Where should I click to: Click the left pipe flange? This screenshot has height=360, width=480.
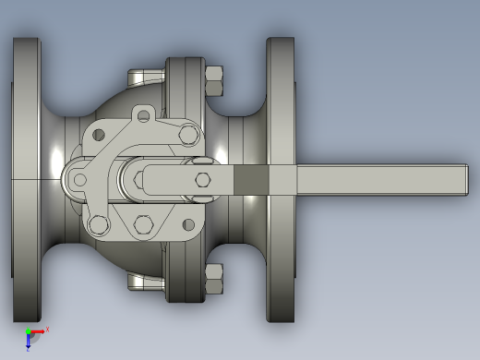pos(26,180)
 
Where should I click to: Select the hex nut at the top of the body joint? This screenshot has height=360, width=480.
pos(214,80)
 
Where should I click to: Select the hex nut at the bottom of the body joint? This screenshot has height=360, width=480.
pos(214,279)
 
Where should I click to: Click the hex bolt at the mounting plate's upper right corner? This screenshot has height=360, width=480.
pos(189,135)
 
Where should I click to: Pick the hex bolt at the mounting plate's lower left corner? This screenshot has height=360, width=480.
pos(98,223)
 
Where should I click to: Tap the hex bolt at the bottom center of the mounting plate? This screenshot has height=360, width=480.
pos(143,224)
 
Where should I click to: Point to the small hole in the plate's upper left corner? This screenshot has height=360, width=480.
pos(99,136)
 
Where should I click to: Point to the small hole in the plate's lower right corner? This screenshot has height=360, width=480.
pos(188,224)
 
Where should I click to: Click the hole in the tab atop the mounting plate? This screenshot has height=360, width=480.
pos(141,115)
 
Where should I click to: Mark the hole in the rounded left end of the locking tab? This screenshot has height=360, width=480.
pos(80,180)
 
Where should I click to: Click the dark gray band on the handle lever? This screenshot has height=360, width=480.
pos(248,180)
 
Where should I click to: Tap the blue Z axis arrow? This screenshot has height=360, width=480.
pos(29,342)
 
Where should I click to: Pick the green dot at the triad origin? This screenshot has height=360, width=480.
pos(29,332)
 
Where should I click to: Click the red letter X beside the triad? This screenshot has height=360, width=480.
pos(47,329)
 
